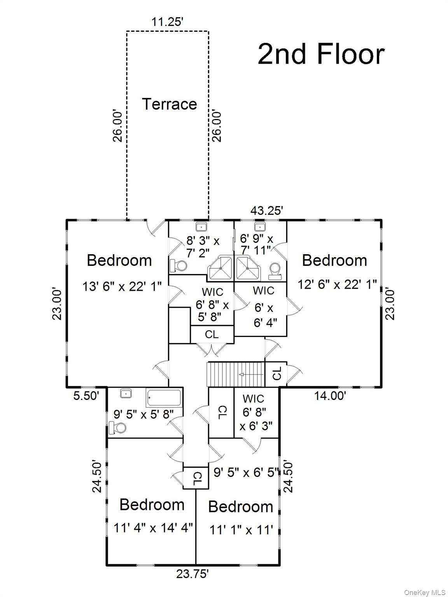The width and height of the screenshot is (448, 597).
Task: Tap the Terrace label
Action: tap(169, 104)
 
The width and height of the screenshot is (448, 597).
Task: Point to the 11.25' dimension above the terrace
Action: tap(167, 22)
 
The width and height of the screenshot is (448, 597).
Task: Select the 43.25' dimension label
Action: tap(266, 211)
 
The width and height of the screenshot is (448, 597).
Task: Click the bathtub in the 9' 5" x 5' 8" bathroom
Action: tap(164, 398)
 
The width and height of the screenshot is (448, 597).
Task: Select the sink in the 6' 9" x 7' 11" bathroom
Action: tap(259, 227)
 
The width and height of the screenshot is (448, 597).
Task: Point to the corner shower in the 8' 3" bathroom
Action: tap(220, 267)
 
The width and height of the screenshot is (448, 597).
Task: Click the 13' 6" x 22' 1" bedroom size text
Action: tap(122, 286)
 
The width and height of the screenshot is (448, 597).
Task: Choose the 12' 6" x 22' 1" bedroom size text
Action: tap(337, 285)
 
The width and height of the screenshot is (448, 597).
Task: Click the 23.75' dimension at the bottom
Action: tap(192, 574)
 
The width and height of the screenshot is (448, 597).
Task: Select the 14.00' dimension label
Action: tap(330, 396)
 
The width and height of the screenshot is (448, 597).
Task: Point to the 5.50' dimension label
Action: tap(86, 396)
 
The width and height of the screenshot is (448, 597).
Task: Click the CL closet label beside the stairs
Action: tap(277, 374)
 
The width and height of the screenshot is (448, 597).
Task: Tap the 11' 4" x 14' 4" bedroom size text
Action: tap(153, 528)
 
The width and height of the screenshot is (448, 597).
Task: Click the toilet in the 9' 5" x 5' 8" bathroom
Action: tap(119, 428)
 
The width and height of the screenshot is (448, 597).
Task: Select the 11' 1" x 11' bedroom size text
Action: tap(241, 529)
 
